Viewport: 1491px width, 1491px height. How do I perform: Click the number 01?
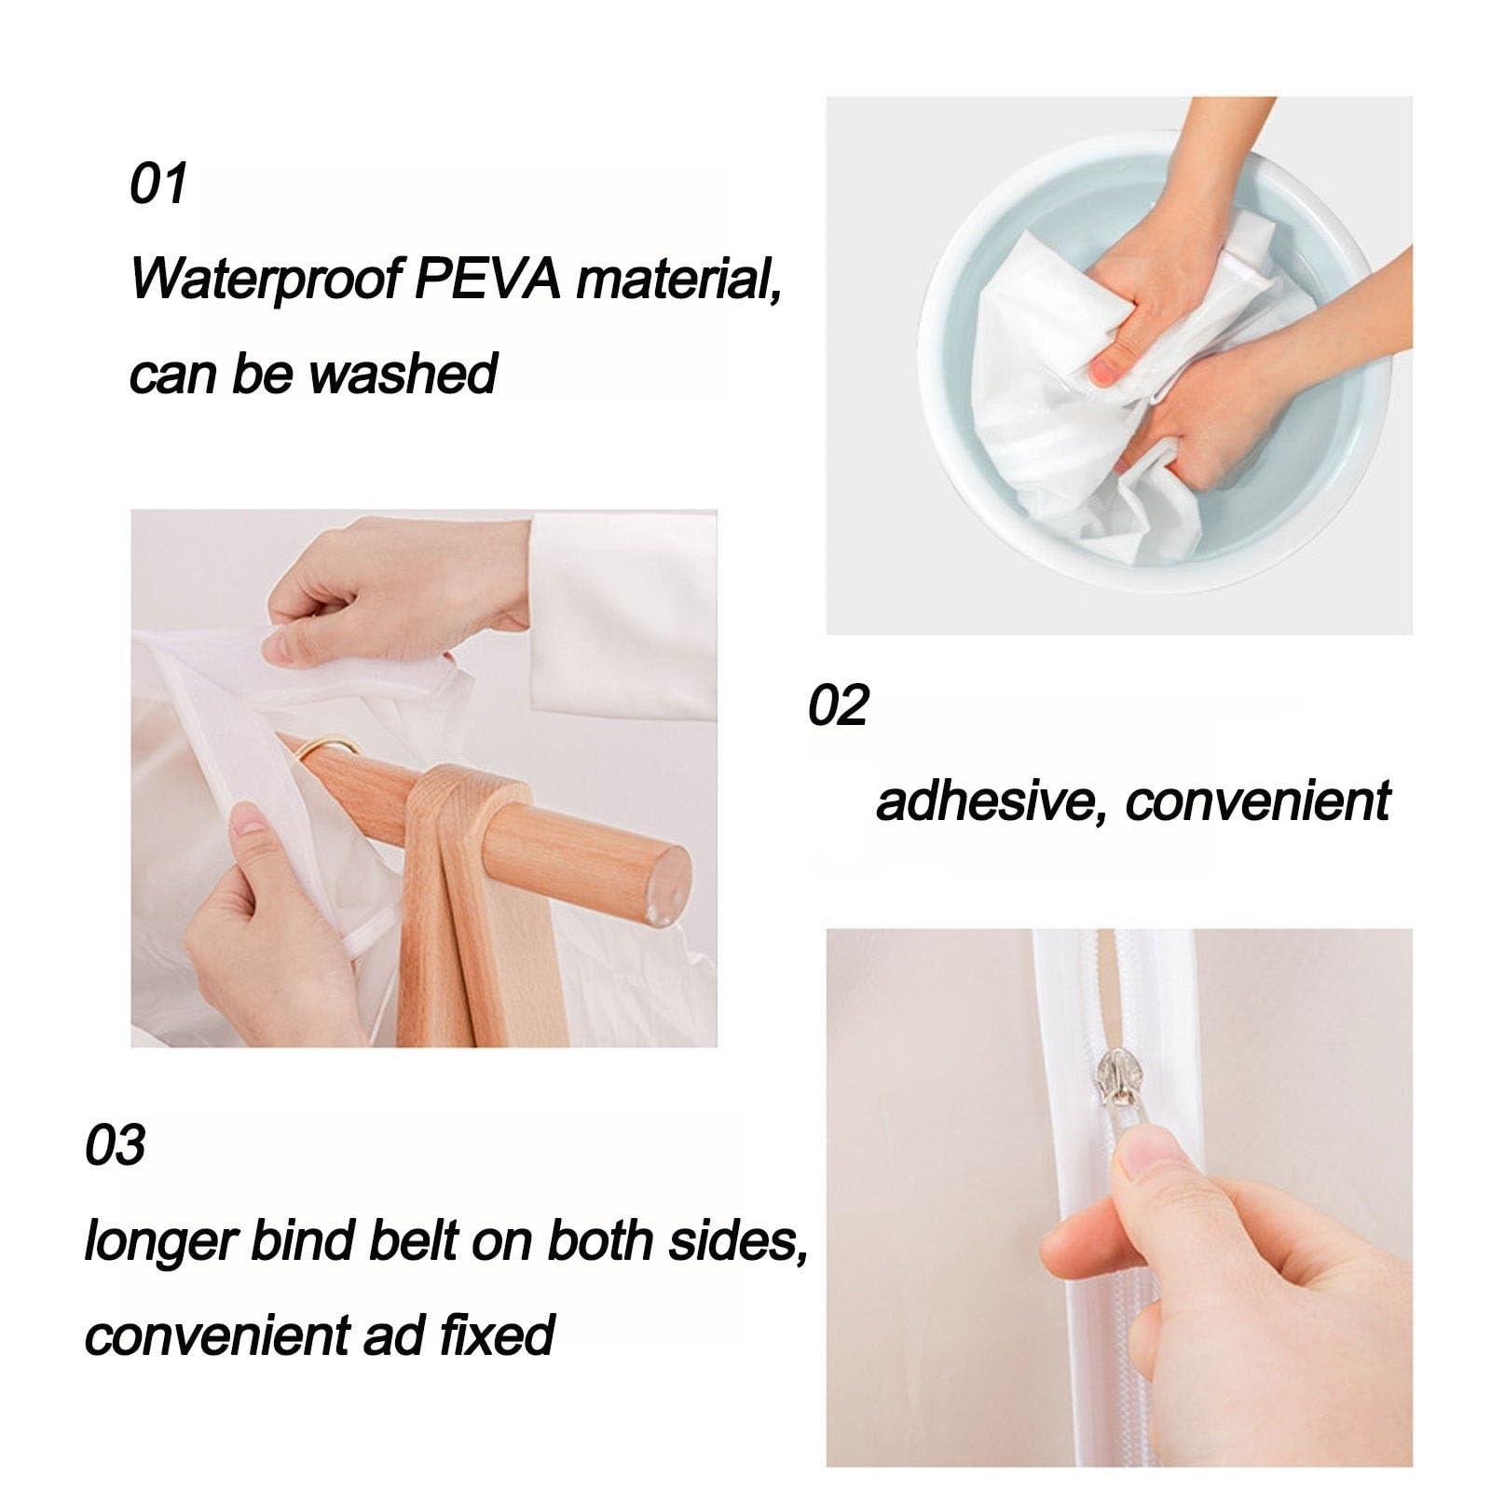[x=158, y=184]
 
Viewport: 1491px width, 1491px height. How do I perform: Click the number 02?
[x=837, y=705]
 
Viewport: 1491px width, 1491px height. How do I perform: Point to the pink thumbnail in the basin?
[x=1106, y=371]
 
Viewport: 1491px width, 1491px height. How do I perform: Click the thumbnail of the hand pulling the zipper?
[x=1144, y=1159]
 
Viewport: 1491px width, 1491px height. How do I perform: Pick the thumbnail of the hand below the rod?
[x=247, y=820]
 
